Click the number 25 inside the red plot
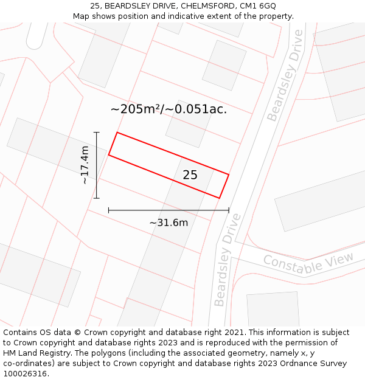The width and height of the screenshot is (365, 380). tap(190, 175)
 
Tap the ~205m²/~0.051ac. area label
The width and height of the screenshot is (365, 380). tap(169, 109)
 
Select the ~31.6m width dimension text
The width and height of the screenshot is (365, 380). tap(169, 223)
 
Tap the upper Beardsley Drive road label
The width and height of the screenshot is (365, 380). tap(285, 84)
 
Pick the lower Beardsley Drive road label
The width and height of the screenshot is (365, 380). tap(228, 260)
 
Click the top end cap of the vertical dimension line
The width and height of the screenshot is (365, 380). tap(96, 132)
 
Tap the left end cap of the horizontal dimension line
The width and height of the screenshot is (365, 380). tap(108, 210)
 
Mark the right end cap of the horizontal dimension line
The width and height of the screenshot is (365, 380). tap(229, 210)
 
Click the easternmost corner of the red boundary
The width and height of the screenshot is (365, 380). tap(229, 175)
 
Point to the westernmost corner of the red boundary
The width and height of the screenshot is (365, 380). tap(108, 155)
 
